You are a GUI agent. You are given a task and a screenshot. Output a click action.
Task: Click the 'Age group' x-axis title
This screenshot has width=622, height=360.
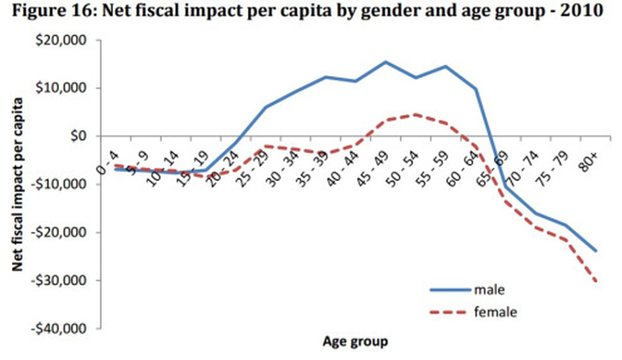[x=355, y=341]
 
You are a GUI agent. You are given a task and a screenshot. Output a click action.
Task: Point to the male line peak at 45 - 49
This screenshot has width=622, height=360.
[x=385, y=62]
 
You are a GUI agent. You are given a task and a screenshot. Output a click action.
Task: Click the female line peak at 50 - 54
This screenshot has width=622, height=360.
[x=415, y=114]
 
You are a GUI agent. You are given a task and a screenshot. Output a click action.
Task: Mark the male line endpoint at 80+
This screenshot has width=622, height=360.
[x=596, y=251]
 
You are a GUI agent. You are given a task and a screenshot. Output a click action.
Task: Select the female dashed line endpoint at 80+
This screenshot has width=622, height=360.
[x=596, y=280]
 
